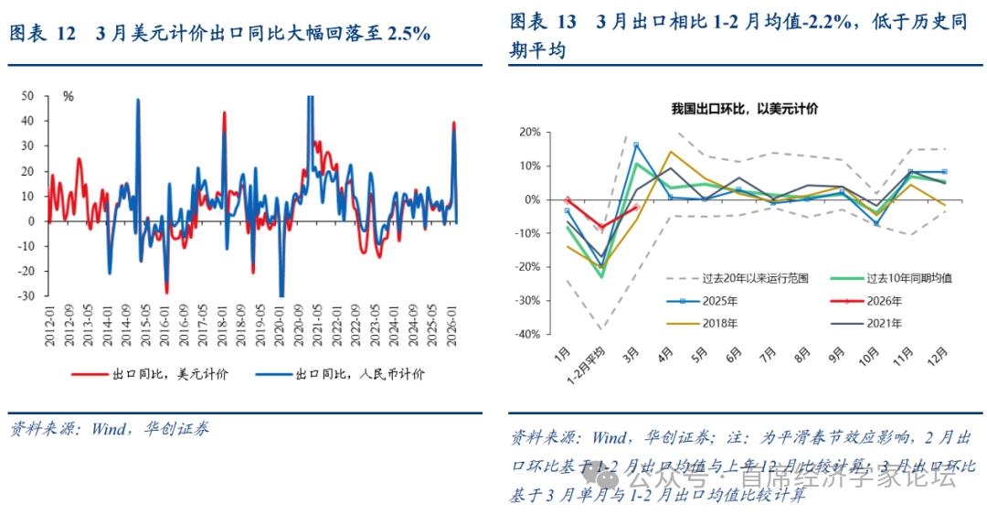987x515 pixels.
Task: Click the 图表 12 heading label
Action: tap(43, 33)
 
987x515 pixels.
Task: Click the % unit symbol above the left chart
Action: tap(67, 96)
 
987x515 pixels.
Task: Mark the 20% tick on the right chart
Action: tap(530, 133)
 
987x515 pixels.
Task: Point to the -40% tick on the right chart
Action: tap(527, 334)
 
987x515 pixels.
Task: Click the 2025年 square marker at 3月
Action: tap(636, 145)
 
